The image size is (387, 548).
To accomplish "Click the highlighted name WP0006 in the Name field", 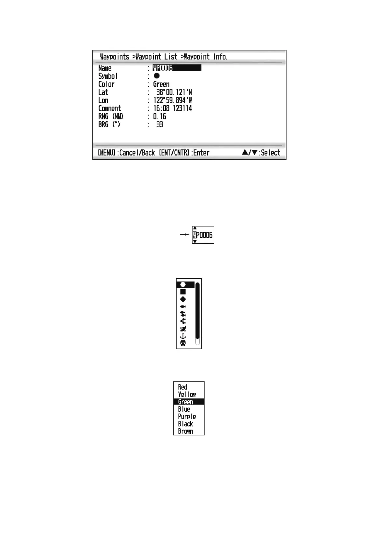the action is (x=163, y=68).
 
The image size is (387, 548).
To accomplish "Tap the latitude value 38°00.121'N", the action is (x=174, y=92).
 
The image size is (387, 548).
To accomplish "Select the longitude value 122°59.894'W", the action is (x=172, y=101).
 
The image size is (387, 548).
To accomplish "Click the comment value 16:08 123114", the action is (x=172, y=108).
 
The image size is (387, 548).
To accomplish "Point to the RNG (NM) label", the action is (x=111, y=116).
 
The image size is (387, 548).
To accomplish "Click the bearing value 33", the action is (x=159, y=125).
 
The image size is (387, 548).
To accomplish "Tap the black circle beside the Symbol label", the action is (x=156, y=76).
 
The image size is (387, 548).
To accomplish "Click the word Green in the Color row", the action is (x=161, y=84).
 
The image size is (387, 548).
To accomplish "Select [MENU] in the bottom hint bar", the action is (x=107, y=153).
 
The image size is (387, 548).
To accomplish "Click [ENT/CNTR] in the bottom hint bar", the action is (x=174, y=153).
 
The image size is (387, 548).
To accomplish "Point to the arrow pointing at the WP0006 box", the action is (x=184, y=234).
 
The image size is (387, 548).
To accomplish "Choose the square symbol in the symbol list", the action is (x=183, y=292).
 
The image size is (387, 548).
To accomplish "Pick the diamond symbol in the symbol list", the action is (x=183, y=299).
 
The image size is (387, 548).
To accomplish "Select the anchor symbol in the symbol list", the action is (x=183, y=336).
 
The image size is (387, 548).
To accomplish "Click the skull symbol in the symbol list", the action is (x=183, y=343).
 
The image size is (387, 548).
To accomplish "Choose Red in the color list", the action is (x=182, y=387).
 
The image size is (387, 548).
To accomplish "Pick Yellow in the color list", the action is (x=187, y=394).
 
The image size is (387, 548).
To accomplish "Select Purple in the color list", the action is (x=187, y=417).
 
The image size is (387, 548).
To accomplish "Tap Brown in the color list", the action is (x=185, y=431).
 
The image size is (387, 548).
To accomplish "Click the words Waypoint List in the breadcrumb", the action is (x=156, y=57).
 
